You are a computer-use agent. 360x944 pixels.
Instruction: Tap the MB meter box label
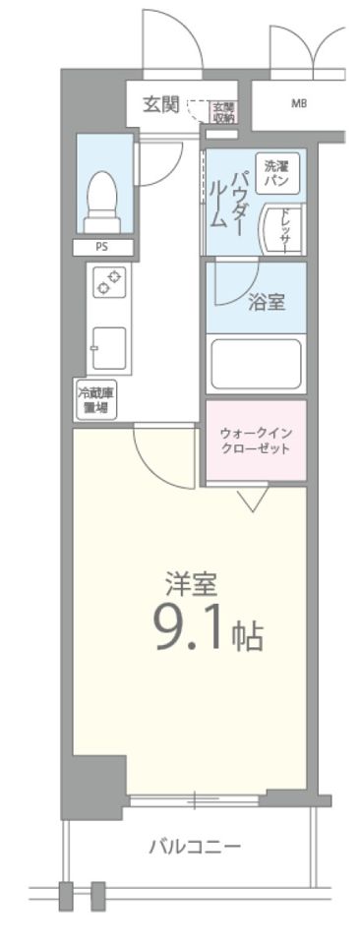298,103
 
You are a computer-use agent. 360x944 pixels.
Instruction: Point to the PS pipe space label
101,249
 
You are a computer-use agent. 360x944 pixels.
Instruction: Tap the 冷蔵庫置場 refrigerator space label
95,399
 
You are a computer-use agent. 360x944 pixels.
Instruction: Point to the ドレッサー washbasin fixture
281,226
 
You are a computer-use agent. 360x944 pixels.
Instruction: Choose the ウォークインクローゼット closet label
256,441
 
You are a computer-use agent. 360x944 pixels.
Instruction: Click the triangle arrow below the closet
253,501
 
